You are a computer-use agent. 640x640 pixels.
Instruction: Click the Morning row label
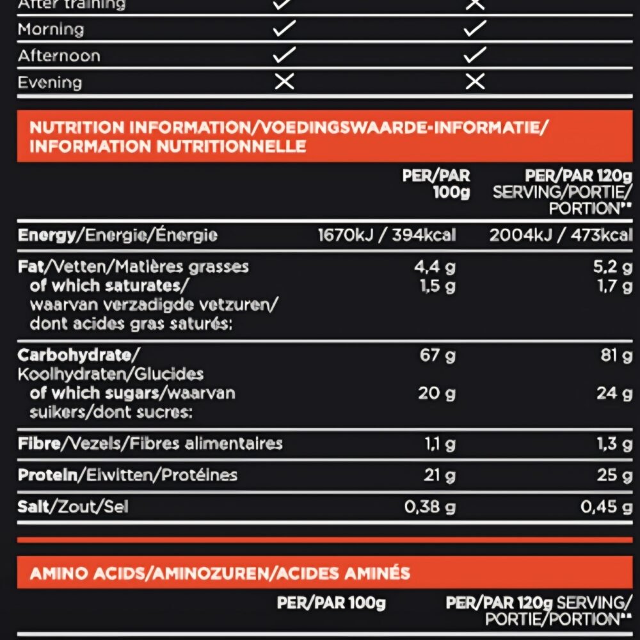[51, 29]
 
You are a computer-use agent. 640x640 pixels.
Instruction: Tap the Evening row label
[50, 83]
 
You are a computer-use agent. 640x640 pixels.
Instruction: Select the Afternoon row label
[59, 56]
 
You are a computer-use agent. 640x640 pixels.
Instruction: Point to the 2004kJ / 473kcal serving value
[561, 235]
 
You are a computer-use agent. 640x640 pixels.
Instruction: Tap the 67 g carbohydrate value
[438, 355]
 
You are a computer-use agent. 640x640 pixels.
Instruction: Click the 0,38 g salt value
[429, 507]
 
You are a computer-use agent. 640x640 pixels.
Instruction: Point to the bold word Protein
[47, 475]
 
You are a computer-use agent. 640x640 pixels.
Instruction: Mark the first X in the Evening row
[284, 82]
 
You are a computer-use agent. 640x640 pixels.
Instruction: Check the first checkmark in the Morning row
[284, 29]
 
